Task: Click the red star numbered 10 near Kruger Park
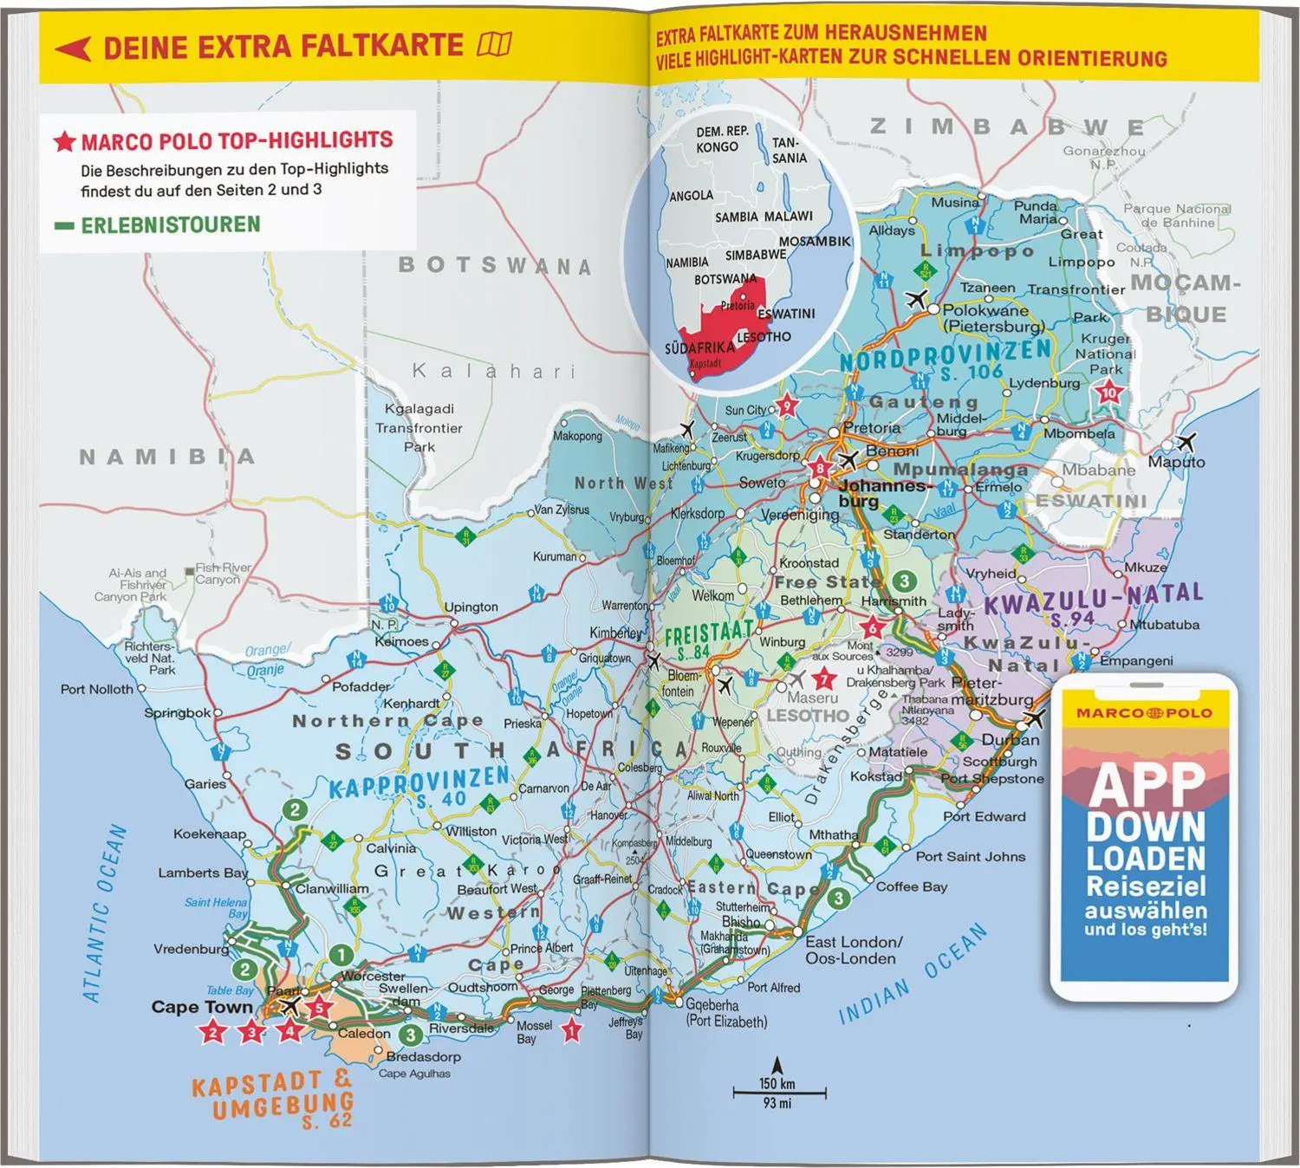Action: pos(1109,393)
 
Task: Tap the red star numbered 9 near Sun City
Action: pos(786,405)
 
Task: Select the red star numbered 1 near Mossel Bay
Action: pos(570,1030)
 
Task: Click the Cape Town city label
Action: pos(201,1007)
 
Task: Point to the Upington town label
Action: pos(471,607)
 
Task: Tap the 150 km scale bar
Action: pos(778,1092)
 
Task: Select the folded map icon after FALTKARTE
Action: pos(495,44)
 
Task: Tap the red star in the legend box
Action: pos(65,141)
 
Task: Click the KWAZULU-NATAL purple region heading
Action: pos(1093,597)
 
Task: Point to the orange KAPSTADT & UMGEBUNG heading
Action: pos(271,1095)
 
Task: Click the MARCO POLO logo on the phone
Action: pos(1144,713)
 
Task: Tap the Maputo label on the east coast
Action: pos(1176,462)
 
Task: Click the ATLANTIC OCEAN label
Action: pos(105,914)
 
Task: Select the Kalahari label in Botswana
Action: pos(493,371)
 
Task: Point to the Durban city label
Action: pos(1010,740)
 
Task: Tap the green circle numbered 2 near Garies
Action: pos(296,810)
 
